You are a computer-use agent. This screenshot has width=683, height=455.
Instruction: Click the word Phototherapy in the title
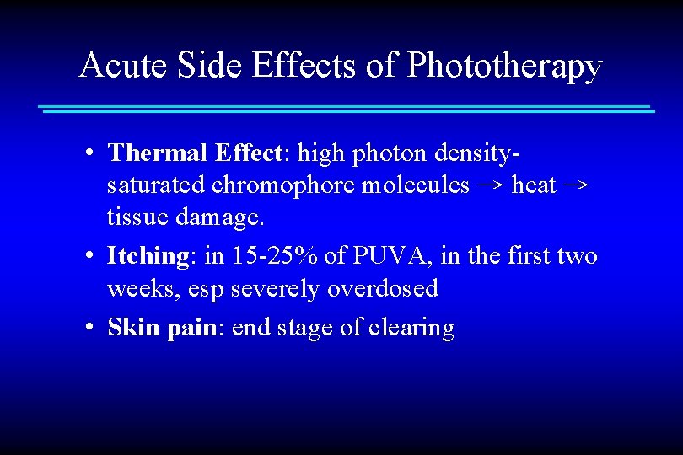(x=504, y=66)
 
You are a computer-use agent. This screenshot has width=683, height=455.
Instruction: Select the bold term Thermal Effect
(x=194, y=153)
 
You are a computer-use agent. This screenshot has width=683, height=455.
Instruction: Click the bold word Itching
(x=148, y=255)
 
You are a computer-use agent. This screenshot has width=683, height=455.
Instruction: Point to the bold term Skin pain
(x=162, y=327)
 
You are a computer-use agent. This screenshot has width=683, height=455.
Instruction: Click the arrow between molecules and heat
(x=491, y=185)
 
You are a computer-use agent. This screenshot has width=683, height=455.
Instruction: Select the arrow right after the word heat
(x=576, y=185)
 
